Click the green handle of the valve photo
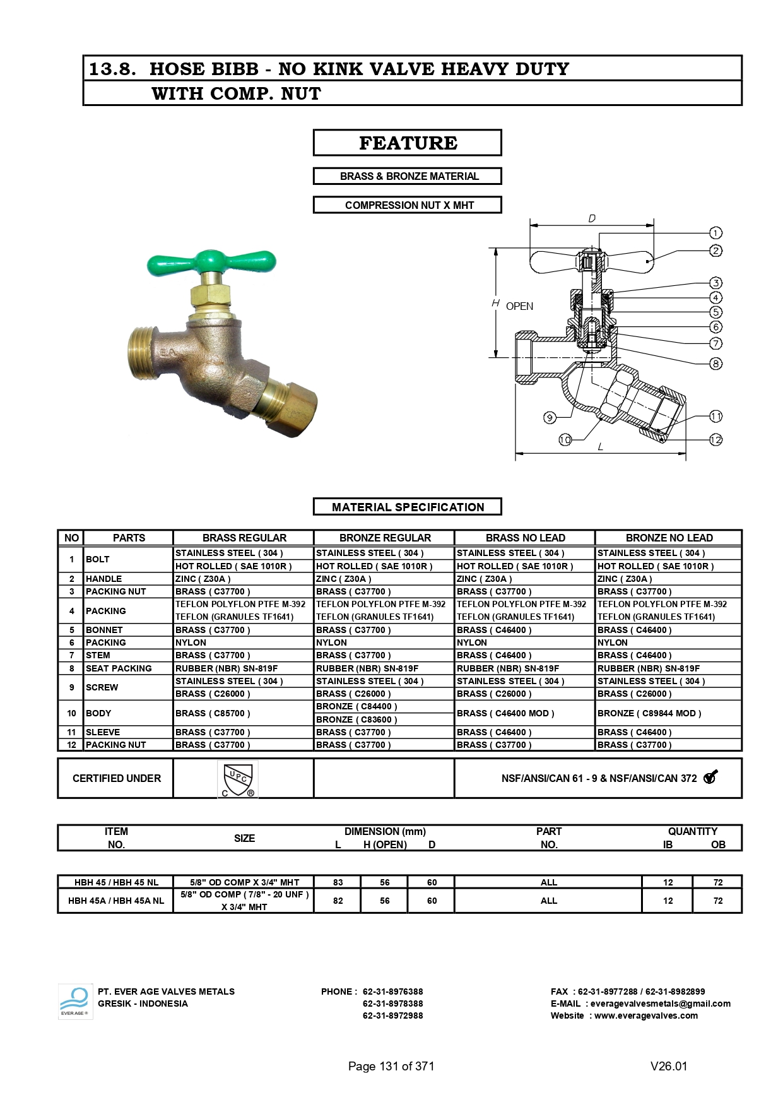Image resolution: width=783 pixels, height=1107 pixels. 211,261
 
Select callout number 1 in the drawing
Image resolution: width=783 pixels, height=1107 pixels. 715,233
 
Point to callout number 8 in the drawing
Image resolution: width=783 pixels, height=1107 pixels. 715,364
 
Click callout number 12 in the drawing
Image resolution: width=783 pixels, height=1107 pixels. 715,439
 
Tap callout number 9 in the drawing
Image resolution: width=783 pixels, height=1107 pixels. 550,417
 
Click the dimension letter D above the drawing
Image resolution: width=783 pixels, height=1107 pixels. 592,218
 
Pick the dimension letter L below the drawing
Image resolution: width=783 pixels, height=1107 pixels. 600,446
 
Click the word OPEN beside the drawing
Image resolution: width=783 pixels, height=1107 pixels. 519,306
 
